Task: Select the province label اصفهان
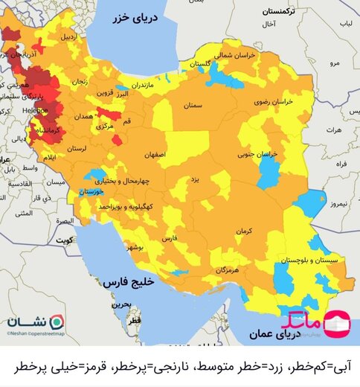click(x=168, y=154)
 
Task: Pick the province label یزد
click(x=195, y=179)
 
